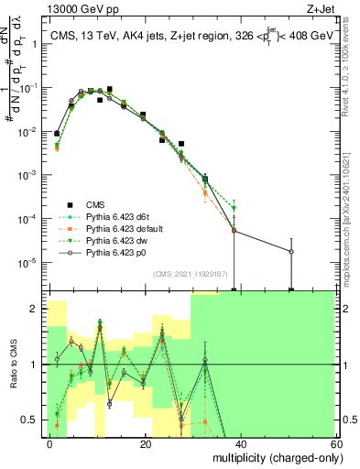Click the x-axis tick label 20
click(x=146, y=442)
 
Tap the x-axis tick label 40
click(x=240, y=442)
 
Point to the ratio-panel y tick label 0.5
click(x=30, y=420)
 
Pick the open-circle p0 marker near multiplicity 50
click(x=291, y=251)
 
